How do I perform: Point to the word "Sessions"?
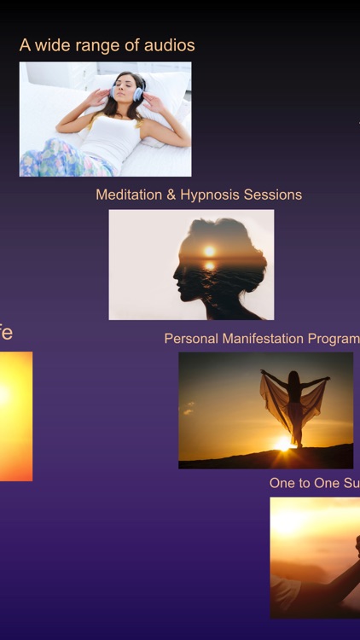273,195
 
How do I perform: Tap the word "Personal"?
191,339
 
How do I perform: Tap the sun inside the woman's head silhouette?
209,251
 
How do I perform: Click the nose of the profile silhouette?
176,272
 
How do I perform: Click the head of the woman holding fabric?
294,377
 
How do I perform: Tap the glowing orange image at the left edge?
15,416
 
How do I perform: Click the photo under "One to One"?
315,557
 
